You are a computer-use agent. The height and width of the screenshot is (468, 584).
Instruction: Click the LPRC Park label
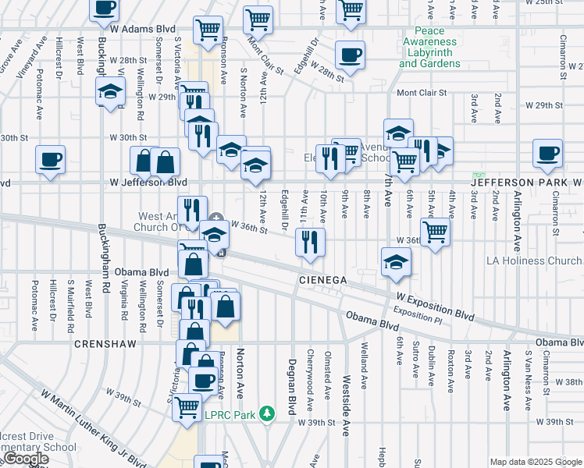[230, 415]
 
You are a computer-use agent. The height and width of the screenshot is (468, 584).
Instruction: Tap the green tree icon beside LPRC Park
[267, 412]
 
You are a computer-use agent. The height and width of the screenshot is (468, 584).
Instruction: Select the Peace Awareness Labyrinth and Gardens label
[429, 51]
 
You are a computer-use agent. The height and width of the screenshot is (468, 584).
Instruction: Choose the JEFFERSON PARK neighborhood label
[522, 182]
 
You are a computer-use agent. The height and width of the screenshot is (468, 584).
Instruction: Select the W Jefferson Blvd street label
[148, 182]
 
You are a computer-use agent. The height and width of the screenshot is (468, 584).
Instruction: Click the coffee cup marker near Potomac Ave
[52, 160]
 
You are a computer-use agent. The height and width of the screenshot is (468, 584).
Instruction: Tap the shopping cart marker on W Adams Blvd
[208, 29]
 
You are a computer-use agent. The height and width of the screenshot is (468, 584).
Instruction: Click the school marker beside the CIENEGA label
[397, 261]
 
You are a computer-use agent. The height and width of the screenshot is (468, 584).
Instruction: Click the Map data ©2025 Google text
[535, 462]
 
